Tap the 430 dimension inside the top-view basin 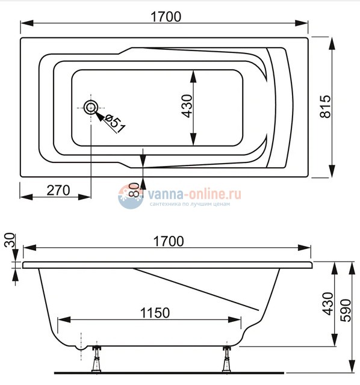pos(186,108)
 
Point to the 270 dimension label pos(58,190)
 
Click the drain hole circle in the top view pos(91,108)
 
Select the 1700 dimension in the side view pos(167,241)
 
